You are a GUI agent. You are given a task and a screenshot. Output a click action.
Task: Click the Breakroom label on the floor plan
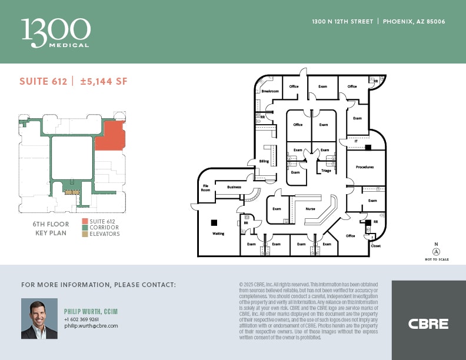(270, 91)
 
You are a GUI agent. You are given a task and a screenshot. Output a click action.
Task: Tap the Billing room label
(264, 161)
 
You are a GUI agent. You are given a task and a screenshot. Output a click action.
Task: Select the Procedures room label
(365, 167)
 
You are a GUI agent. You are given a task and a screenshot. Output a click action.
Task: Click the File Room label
(206, 188)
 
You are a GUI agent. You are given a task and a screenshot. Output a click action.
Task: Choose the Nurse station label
(310, 209)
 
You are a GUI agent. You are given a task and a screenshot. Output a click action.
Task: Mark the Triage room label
(326, 171)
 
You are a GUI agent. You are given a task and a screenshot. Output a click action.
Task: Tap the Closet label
(375, 246)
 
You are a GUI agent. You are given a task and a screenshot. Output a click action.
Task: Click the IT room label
(356, 142)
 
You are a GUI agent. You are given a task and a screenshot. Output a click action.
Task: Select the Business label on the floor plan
(234, 187)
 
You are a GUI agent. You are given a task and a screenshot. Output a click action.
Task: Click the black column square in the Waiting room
(214, 222)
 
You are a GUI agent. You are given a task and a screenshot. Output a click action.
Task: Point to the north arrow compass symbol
(436, 251)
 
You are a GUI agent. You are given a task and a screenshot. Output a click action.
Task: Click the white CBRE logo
(428, 324)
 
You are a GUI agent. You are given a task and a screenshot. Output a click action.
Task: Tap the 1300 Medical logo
(56, 33)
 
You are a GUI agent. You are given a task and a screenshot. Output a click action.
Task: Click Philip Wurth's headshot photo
(39, 318)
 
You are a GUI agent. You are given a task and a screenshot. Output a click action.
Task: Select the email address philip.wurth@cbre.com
(91, 326)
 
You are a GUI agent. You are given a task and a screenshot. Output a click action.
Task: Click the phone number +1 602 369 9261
(81, 319)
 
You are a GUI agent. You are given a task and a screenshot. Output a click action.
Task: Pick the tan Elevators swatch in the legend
(85, 234)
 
